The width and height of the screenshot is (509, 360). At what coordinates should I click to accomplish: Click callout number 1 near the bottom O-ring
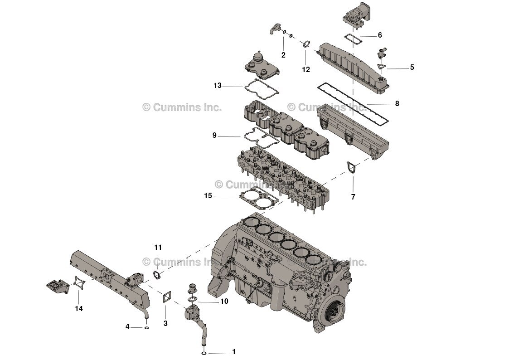tap(234, 351)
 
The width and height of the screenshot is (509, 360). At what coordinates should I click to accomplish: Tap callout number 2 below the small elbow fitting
tap(283, 55)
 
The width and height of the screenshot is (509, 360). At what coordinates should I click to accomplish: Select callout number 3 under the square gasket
tap(165, 323)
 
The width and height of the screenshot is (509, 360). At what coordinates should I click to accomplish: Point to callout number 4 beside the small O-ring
tap(128, 326)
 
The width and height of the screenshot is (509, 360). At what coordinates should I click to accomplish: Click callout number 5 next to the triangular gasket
tap(412, 68)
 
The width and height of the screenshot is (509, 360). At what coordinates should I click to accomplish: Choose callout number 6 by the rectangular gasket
tap(379, 35)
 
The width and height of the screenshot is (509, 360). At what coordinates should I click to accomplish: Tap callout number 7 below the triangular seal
tap(353, 197)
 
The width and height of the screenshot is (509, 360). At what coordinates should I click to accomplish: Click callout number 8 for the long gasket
tap(397, 103)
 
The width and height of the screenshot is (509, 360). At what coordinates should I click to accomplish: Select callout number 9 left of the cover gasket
tap(214, 135)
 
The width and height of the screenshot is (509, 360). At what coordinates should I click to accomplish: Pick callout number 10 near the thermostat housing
tap(224, 301)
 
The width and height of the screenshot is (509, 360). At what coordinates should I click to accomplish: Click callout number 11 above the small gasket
tap(158, 248)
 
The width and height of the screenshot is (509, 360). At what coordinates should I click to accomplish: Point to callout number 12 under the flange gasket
tap(306, 69)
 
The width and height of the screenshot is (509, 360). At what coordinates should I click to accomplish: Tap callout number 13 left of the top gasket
tap(218, 85)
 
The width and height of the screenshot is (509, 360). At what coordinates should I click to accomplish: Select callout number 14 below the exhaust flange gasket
tap(79, 309)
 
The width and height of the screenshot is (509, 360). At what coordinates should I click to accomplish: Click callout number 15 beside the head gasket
tap(208, 196)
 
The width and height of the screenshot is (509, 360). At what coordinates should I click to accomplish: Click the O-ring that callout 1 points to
tap(204, 353)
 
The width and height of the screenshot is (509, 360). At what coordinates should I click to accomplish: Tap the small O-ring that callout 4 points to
tap(146, 327)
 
